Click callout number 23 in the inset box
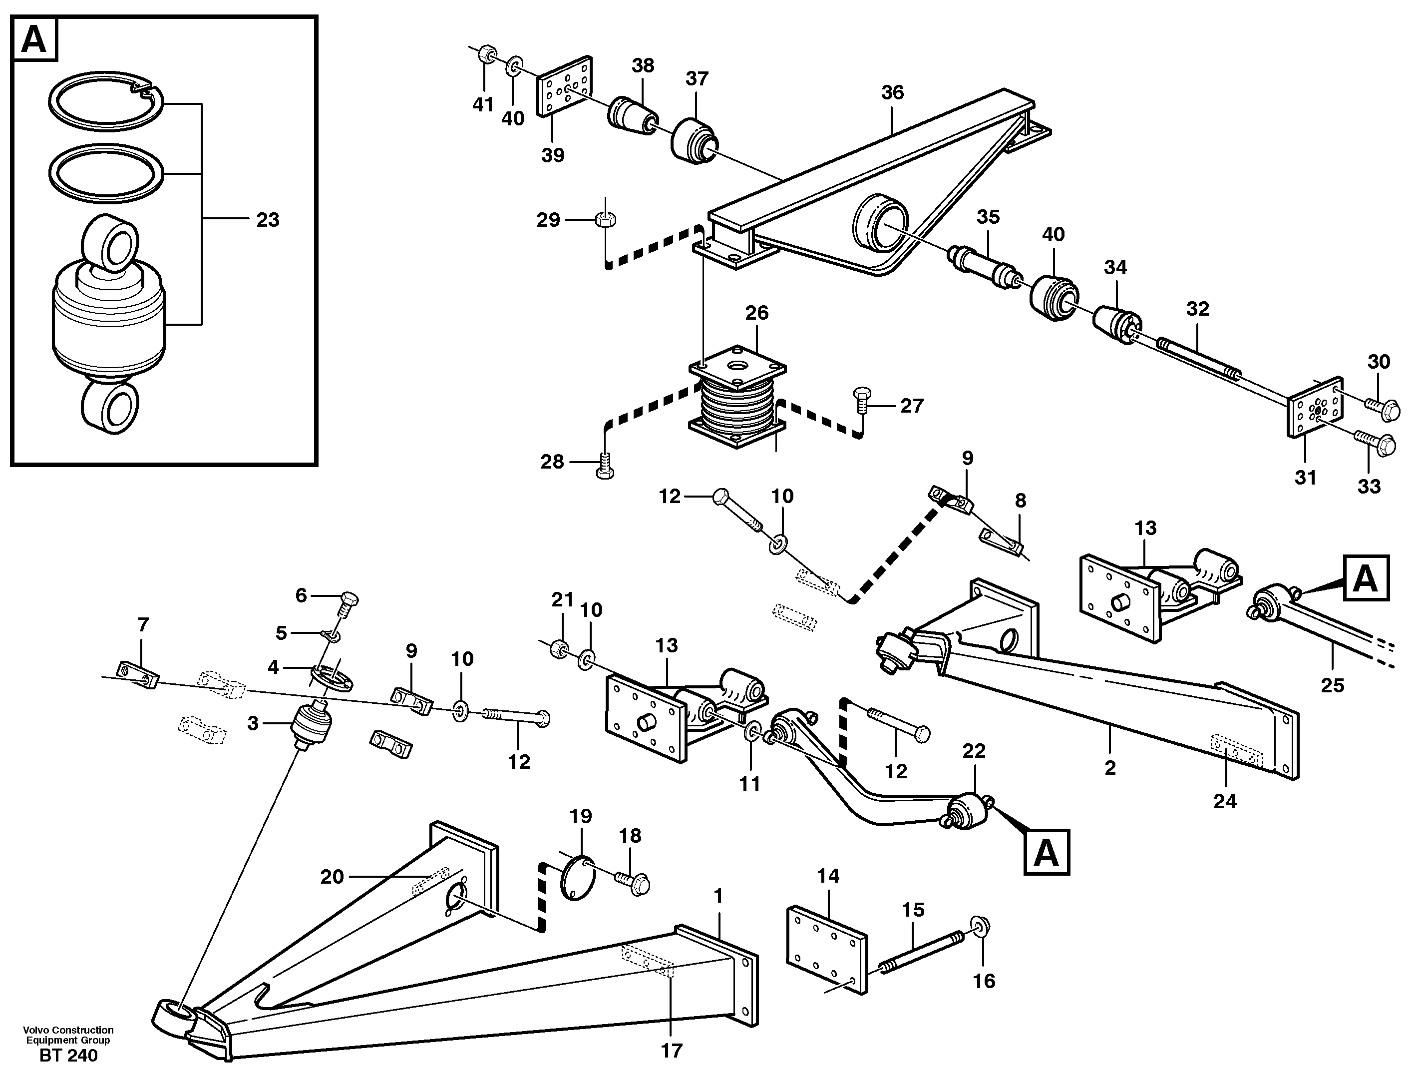coord(268,220)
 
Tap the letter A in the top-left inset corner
coord(34,40)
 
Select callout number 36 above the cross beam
coord(892,92)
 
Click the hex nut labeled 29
coord(606,220)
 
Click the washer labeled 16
coord(981,926)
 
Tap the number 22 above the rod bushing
coord(974,751)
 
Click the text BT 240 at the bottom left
coord(69,1055)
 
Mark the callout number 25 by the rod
coord(1332,686)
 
